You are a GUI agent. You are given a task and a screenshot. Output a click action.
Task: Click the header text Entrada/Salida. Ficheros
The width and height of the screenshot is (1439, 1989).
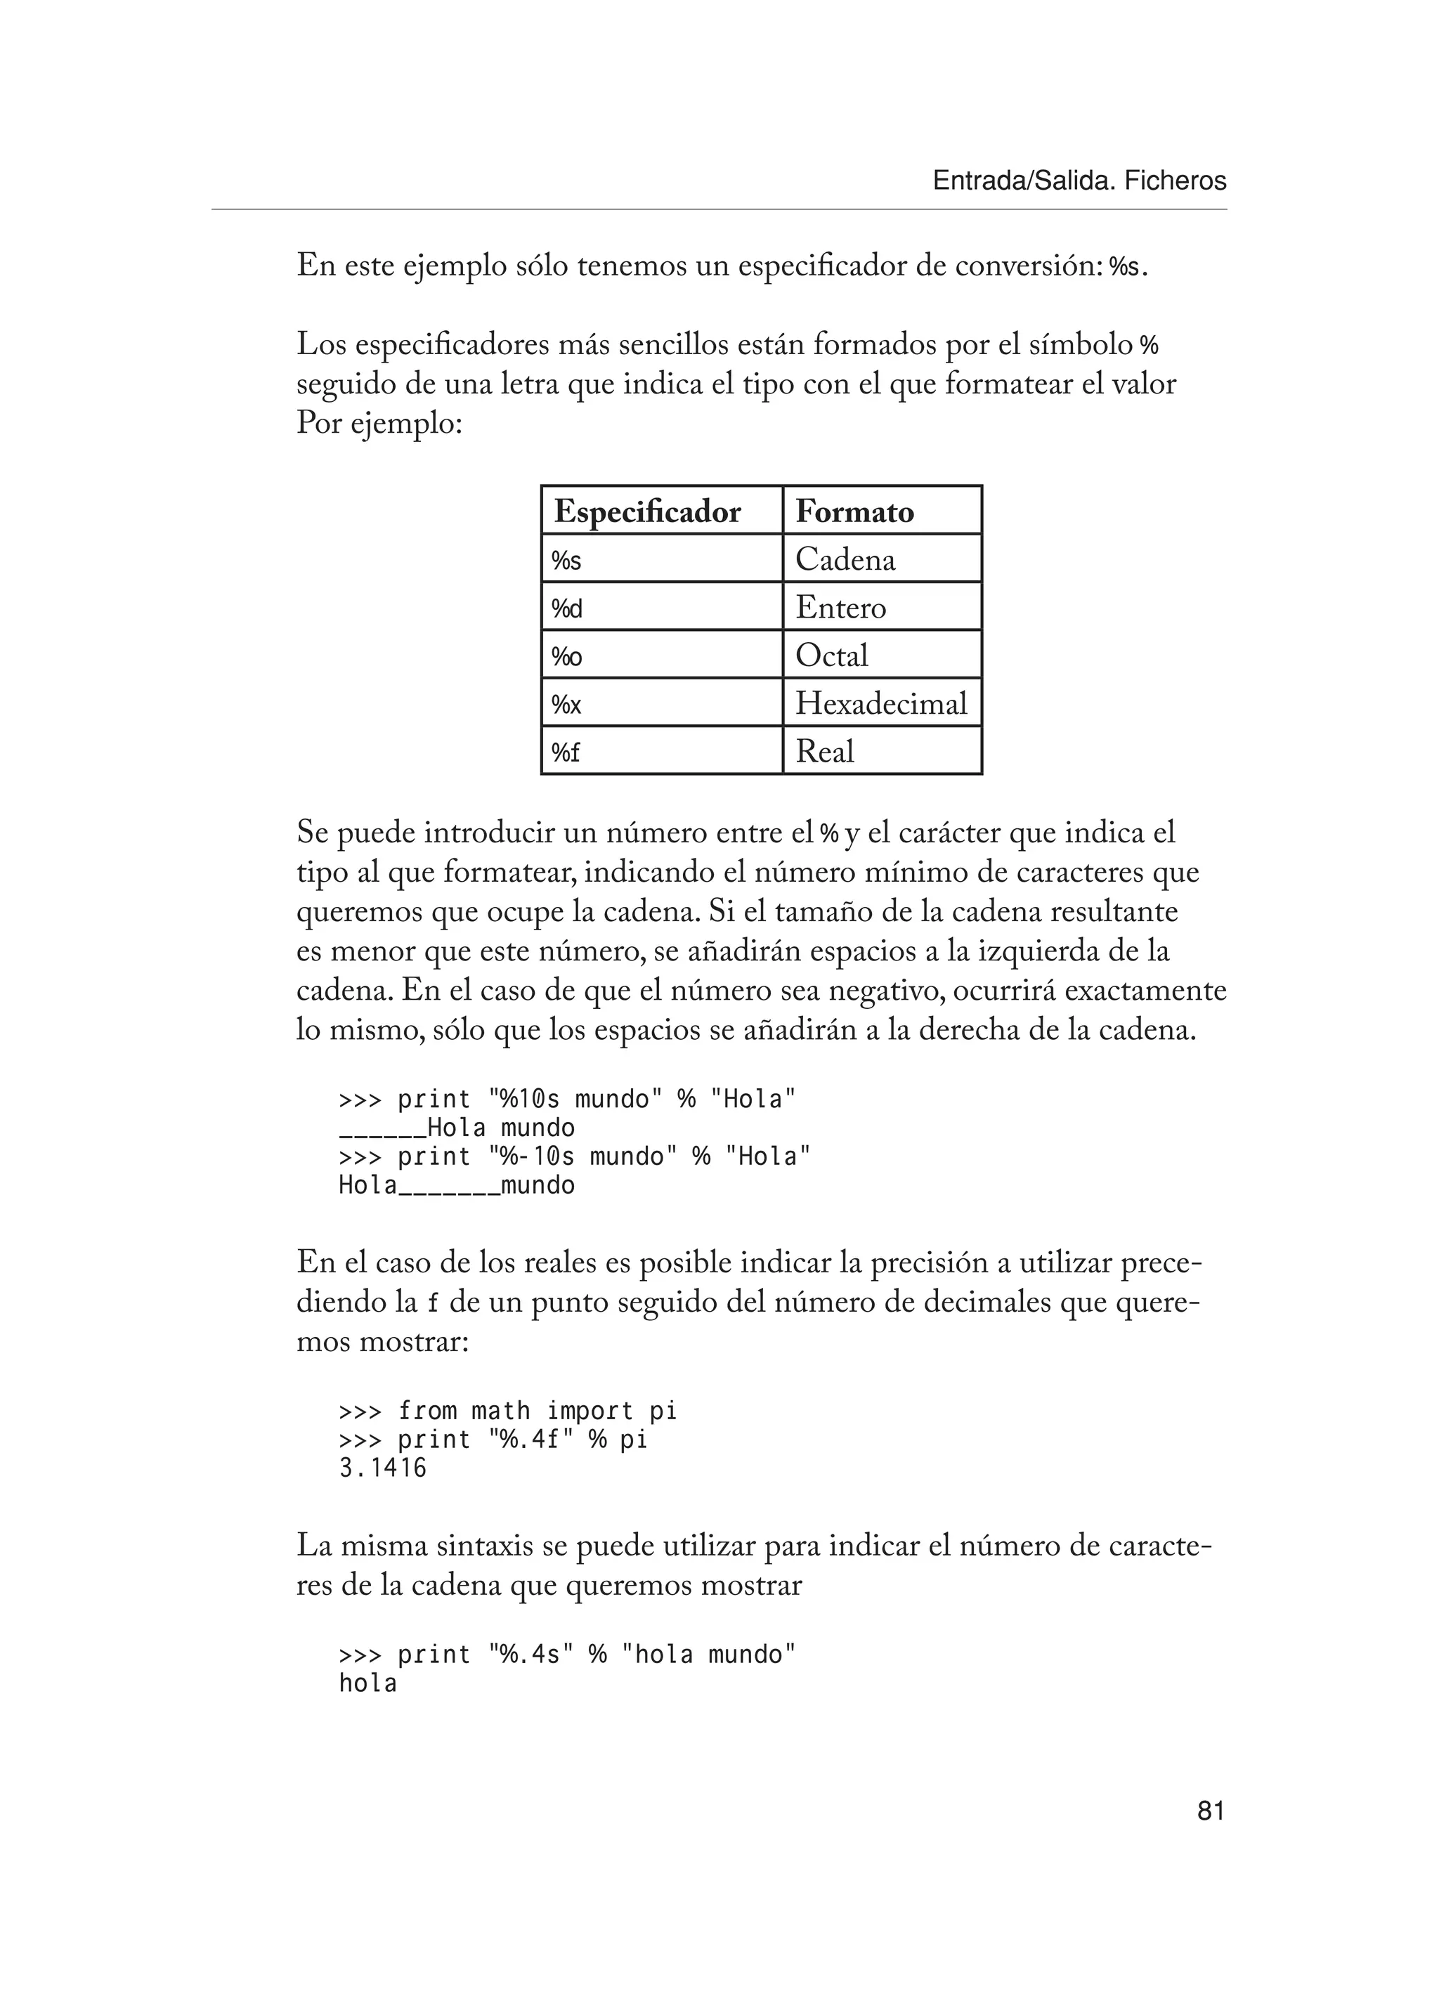point(1079,181)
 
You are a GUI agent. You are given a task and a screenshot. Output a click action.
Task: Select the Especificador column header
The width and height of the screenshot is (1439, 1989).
point(647,511)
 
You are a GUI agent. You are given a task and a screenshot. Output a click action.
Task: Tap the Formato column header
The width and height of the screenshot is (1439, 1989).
point(854,511)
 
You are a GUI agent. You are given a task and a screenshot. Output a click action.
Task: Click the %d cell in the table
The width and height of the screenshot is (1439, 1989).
point(566,608)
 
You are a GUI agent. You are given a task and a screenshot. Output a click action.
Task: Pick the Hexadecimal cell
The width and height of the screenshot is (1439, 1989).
point(880,703)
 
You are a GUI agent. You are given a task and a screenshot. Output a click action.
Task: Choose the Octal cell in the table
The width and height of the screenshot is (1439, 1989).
point(831,655)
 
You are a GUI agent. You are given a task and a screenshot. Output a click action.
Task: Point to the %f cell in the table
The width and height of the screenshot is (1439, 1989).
point(566,752)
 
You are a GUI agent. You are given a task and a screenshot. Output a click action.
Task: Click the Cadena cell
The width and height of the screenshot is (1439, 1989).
point(845,559)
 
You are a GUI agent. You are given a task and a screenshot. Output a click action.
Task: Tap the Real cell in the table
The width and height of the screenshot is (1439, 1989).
point(824,752)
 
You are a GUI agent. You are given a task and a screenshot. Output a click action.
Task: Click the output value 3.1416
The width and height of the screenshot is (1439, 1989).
point(382,1468)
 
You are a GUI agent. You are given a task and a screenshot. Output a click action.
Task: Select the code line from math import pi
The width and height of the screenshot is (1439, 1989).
point(537,1411)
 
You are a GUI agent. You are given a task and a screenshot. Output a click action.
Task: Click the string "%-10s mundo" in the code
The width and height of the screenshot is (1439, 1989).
point(582,1156)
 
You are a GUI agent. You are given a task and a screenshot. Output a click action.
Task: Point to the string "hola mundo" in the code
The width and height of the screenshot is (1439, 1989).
point(708,1655)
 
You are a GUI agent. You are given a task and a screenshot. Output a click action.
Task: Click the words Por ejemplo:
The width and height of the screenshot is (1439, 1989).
point(379,424)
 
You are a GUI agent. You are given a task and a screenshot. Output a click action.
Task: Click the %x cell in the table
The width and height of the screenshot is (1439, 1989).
point(566,703)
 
